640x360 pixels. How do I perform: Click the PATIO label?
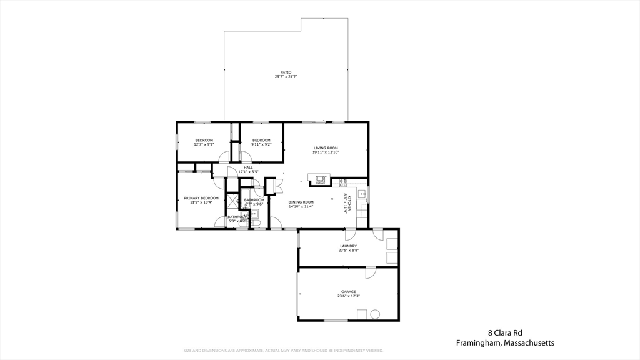pyautogui.click(x=286, y=72)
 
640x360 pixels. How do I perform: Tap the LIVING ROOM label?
pyautogui.click(x=325, y=148)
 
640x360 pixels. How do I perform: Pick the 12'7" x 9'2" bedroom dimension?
pyautogui.click(x=204, y=144)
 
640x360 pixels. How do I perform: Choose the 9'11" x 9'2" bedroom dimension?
pyautogui.click(x=261, y=144)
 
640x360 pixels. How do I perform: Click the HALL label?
pyautogui.click(x=248, y=167)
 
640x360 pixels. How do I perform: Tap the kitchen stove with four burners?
pyautogui.click(x=342, y=182)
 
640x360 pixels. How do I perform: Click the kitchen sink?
pyautogui.click(x=362, y=195)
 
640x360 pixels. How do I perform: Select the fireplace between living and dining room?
pyautogui.click(x=320, y=179)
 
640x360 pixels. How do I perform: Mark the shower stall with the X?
pyautogui.click(x=232, y=201)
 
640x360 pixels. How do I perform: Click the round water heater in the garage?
pyautogui.click(x=376, y=314)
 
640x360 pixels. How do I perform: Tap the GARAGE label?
pyautogui.click(x=348, y=292)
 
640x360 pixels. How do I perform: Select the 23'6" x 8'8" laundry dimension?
pyautogui.click(x=348, y=251)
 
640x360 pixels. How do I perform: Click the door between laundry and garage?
pyautogui.click(x=370, y=272)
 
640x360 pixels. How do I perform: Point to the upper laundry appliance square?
pyautogui.click(x=392, y=244)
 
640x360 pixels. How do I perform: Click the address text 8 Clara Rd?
pyautogui.click(x=504, y=333)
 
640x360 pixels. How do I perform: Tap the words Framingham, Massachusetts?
pyautogui.click(x=504, y=343)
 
